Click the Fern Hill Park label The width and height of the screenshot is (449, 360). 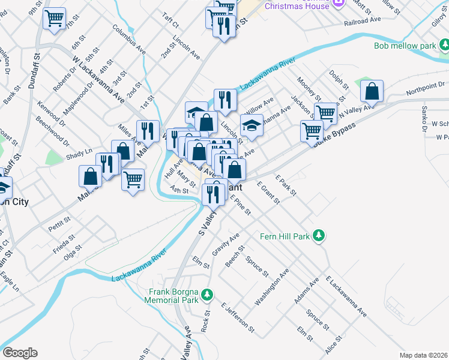tap(285, 236)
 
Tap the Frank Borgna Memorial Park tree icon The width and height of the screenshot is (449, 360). tap(207, 295)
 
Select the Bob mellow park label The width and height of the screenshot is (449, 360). tap(405, 46)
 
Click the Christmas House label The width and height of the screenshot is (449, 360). tap(297, 5)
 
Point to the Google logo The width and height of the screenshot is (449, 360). tap(20, 353)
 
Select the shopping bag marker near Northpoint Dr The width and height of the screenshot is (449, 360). tap(372, 91)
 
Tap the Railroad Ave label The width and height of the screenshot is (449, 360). tap(363, 20)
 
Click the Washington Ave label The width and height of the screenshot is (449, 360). tap(272, 287)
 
